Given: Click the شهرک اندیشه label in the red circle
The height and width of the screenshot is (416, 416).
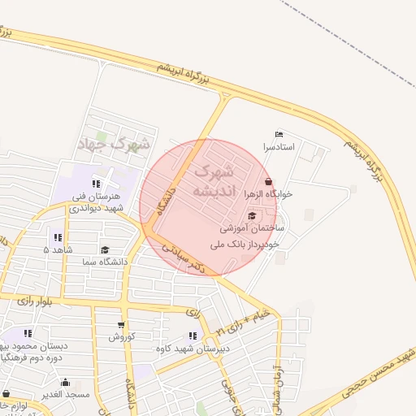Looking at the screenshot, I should (x=214, y=181).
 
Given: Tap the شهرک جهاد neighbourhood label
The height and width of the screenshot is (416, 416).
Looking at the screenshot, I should (x=113, y=145).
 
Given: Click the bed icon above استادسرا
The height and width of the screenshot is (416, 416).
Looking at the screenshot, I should (x=280, y=135).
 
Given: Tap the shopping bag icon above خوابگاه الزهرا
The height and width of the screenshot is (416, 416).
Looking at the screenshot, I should (x=270, y=181).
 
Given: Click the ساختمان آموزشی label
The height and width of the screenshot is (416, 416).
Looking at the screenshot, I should (x=251, y=229).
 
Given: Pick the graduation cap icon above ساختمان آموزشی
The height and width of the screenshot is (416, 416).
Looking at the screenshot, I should (x=252, y=216).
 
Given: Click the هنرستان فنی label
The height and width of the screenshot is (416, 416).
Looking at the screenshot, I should (x=97, y=196).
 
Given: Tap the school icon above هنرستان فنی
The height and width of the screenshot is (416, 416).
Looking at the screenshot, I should (x=97, y=184).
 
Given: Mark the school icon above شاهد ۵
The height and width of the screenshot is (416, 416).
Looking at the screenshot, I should (x=57, y=237).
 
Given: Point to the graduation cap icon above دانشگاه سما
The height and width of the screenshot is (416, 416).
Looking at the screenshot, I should (x=104, y=250).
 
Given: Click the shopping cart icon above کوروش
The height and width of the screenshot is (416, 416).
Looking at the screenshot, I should (x=121, y=325).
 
